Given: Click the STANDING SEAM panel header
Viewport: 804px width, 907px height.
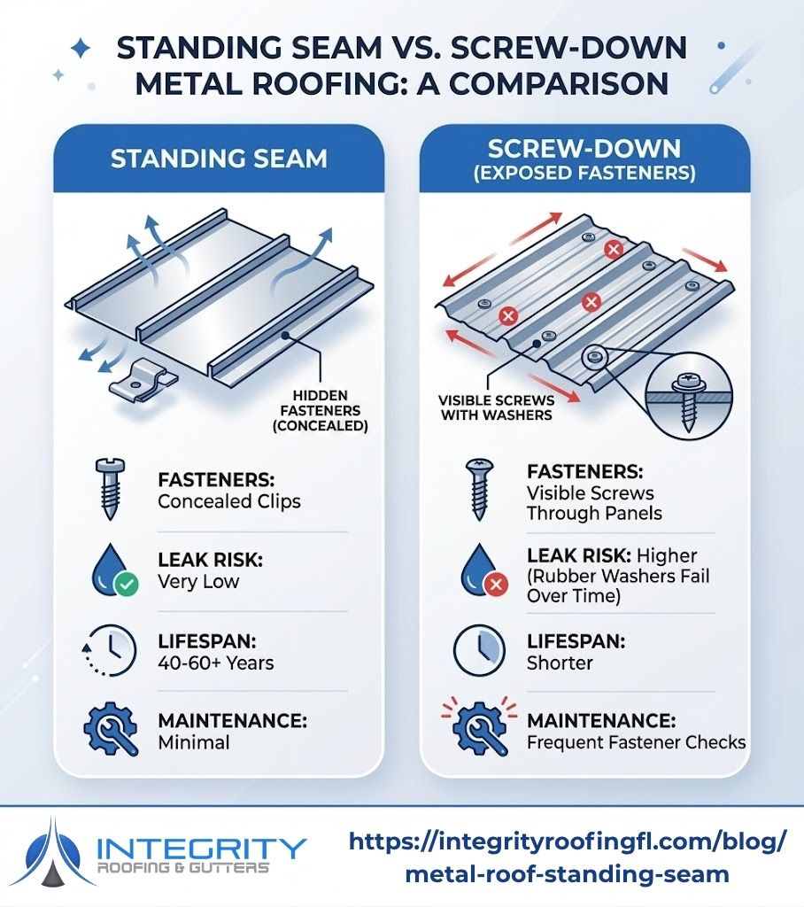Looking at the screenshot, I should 218,159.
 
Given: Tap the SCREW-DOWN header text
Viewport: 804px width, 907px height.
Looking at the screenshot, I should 585,149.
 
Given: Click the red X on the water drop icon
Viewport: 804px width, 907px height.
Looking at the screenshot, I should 498,586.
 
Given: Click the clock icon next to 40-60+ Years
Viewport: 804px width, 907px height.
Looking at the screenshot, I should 111,651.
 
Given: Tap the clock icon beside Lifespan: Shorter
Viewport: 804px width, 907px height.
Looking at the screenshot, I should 479,651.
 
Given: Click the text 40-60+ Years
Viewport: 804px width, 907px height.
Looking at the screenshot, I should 216,663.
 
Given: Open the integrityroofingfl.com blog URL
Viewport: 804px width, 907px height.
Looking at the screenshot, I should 567,857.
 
